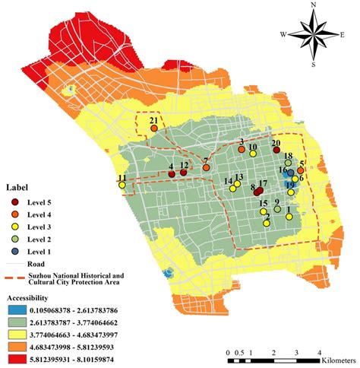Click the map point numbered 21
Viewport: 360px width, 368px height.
(154, 129)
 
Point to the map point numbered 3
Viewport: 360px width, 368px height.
(241, 150)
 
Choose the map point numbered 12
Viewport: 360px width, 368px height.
(183, 173)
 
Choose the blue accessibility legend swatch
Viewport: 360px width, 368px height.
(17, 309)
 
